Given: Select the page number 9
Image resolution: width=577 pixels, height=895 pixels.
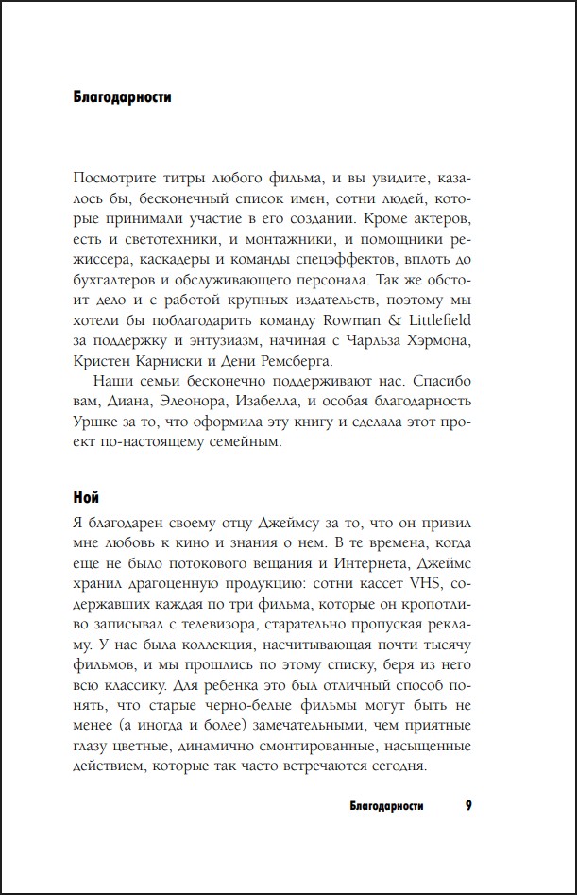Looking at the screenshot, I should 468,806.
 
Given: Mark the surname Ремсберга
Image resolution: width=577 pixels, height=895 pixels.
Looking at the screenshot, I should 308,363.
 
